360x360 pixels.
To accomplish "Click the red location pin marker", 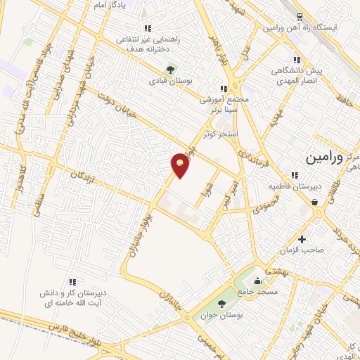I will coord(181,165).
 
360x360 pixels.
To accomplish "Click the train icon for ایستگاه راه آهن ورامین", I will coord(300,17).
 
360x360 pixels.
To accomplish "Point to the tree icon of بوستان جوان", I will coord(222,304).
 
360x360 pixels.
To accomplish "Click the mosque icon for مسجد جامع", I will coord(262,279).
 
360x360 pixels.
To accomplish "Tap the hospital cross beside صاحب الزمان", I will coord(302,240).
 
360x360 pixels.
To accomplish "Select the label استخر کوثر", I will coord(220,133).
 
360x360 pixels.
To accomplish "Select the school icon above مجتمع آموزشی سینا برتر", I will coord(223,89).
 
